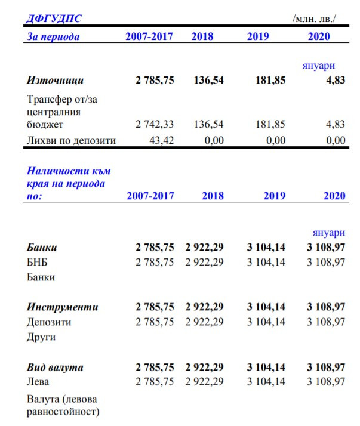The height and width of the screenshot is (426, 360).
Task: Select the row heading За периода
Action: [x=54, y=36]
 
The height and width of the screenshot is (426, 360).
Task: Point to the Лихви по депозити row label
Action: [x=72, y=141]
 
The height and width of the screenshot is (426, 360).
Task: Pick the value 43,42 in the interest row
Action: [x=159, y=141]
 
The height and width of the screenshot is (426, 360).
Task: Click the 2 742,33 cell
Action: [x=155, y=125]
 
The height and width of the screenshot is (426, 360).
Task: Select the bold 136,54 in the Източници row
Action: [x=209, y=80]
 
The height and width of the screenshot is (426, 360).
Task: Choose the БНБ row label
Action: [x=38, y=263]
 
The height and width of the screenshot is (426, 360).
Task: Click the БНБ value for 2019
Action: [x=266, y=263]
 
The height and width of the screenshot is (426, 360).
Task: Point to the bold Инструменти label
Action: [x=63, y=307]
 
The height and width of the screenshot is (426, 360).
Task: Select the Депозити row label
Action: [x=50, y=322]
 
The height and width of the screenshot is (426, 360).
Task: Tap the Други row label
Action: [x=41, y=337]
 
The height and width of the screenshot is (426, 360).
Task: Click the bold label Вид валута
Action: [x=56, y=367]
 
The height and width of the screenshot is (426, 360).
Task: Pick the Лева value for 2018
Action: [x=204, y=382]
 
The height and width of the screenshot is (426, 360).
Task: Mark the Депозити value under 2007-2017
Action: [x=155, y=322]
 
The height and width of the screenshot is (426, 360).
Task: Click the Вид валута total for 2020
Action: [x=326, y=367]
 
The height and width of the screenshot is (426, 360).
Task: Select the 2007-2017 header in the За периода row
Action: [x=149, y=36]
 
